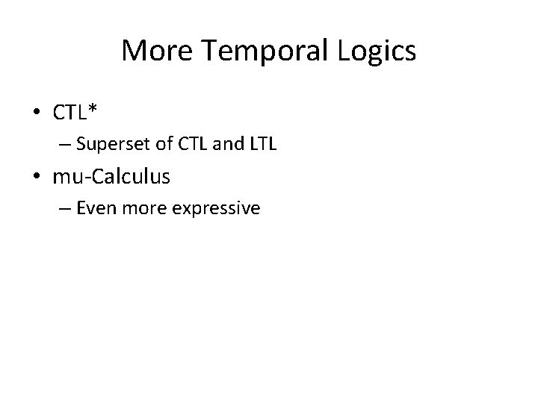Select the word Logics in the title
(377, 51)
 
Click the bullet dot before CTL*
(37, 113)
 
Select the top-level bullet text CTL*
(75, 113)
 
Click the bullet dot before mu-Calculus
(37, 177)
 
